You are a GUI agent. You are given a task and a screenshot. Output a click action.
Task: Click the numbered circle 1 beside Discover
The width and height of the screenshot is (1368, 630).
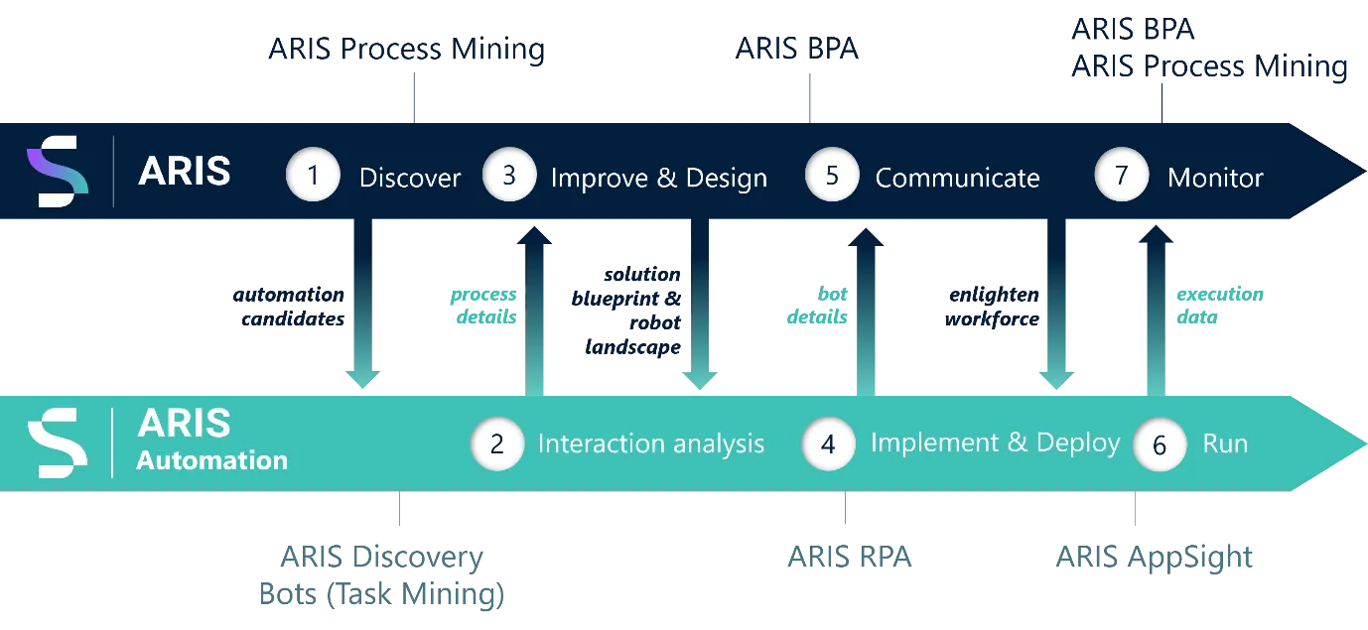(x=313, y=176)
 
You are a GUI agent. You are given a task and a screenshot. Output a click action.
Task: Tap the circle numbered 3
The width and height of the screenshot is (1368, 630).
(x=509, y=175)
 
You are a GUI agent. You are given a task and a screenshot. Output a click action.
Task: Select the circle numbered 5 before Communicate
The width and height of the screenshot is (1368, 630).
(x=832, y=175)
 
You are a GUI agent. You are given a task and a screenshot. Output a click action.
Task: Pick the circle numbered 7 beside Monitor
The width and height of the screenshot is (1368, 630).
(x=1121, y=175)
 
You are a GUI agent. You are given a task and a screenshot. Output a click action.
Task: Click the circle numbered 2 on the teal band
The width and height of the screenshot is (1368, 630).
(x=497, y=443)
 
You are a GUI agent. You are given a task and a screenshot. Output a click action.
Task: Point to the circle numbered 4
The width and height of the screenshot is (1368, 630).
(x=828, y=443)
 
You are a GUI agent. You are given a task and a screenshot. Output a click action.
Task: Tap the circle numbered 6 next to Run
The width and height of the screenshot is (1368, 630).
(x=1160, y=444)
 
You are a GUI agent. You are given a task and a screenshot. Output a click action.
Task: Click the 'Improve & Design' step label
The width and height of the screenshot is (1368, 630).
(x=659, y=179)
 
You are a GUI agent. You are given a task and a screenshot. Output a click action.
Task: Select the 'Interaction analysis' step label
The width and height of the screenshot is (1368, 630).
(x=651, y=443)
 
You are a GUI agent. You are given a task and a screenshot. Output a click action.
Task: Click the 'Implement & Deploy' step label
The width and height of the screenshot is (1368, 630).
(x=996, y=443)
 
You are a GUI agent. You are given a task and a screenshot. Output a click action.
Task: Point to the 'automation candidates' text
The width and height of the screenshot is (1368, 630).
(x=289, y=307)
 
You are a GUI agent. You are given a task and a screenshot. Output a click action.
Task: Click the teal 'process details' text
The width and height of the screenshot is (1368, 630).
(x=483, y=306)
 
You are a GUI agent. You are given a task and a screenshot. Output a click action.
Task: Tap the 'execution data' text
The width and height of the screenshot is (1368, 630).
(x=1220, y=306)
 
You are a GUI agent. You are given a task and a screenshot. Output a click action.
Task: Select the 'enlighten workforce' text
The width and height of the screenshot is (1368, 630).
(x=992, y=307)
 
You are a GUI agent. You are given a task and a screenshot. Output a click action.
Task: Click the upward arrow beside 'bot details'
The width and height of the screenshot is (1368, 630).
(x=866, y=312)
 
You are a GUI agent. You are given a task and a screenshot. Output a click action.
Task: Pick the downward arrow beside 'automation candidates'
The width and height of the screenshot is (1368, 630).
(x=362, y=304)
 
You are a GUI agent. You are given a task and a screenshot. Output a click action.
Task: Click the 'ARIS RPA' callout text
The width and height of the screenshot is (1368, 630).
(x=850, y=557)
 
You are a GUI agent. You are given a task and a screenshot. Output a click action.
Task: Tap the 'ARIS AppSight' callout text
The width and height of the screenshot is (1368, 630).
(x=1155, y=558)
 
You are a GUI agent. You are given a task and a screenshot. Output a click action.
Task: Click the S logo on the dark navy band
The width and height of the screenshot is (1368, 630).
(x=58, y=172)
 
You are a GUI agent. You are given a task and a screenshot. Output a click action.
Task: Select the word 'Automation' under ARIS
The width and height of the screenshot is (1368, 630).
(x=211, y=460)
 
